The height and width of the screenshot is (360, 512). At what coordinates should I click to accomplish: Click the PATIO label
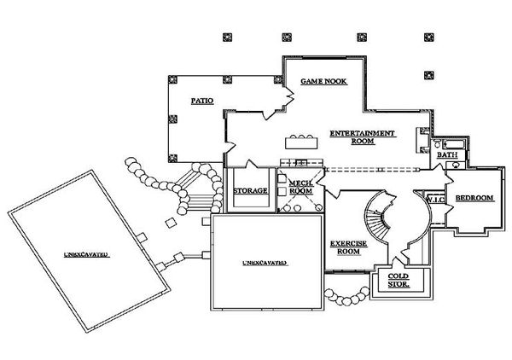(x=201, y=101)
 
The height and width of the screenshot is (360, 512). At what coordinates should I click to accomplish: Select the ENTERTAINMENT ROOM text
(x=362, y=137)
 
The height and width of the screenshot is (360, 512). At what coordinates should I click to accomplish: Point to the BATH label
(x=446, y=156)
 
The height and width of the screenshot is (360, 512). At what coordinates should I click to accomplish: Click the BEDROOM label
(x=474, y=198)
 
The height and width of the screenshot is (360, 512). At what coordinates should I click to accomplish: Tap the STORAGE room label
(x=250, y=190)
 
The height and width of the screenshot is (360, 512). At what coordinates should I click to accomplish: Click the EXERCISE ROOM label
(x=348, y=247)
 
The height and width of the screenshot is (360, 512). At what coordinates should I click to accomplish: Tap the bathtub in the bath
(x=450, y=144)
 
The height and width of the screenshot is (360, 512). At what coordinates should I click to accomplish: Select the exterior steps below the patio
(x=195, y=192)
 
